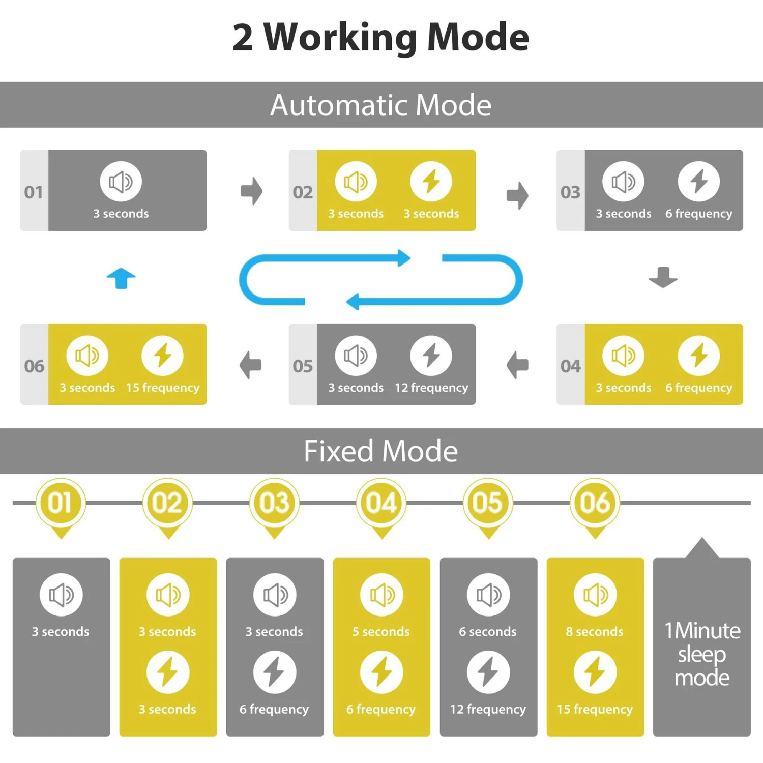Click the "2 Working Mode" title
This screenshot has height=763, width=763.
380,37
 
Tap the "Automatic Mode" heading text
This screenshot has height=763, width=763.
380,105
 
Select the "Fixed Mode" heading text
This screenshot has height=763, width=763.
380,451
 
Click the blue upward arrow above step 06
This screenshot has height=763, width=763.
121,278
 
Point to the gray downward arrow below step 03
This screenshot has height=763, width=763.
663,277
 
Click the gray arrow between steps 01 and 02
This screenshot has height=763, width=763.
251,191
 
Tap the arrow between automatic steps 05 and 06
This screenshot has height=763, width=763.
251,365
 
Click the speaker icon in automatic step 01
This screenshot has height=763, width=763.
121,182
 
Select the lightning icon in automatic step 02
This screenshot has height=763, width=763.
431,182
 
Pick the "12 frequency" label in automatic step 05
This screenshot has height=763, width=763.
431,388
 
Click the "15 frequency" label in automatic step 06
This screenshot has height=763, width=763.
163,388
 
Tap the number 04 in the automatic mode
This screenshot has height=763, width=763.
570,366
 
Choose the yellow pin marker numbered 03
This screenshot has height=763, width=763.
275,504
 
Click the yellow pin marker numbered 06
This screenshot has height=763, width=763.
595,504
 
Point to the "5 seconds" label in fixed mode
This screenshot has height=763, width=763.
381,632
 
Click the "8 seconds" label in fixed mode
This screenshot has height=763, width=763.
595,632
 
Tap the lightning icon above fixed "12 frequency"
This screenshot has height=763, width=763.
488,672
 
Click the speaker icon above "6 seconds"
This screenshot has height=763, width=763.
488,595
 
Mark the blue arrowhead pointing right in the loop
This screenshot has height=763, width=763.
404,258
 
